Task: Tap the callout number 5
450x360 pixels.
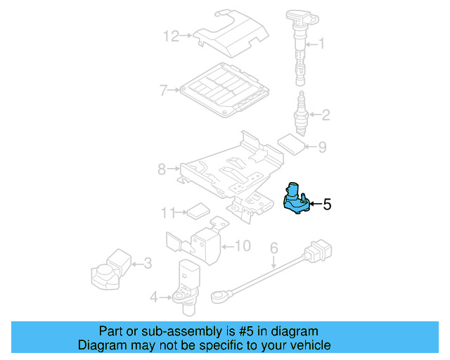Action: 326,205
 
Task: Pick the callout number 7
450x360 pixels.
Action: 163,90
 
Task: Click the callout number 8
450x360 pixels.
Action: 162,169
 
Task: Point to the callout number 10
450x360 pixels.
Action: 242,245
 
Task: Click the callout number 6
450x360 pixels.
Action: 274,247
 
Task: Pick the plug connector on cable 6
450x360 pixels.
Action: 320,250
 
